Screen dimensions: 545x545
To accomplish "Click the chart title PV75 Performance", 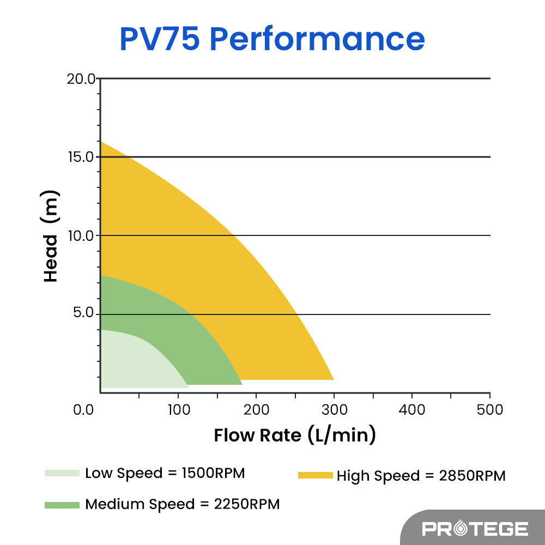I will (272, 39).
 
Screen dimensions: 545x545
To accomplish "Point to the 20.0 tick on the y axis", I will (81, 78).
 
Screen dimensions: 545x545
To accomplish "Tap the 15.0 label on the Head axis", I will (81, 157).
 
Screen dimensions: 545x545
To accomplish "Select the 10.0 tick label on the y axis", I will (81, 235).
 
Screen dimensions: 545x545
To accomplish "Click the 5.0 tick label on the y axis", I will (84, 314).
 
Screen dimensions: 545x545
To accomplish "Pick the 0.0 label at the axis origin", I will (84, 409).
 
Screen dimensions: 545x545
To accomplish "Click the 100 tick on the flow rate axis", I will (178, 409).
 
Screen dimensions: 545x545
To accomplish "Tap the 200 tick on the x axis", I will (256, 409).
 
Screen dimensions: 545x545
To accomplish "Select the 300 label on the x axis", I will (334, 409).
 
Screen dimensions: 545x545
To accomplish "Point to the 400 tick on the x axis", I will (412, 409).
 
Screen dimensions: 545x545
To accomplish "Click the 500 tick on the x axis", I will (490, 409).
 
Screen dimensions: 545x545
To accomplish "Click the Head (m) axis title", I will (51, 236).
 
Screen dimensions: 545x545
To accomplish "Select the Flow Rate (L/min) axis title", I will (295, 435).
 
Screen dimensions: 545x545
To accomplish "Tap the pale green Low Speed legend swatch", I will (62, 473).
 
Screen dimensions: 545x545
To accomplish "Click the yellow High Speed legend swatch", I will (315, 476).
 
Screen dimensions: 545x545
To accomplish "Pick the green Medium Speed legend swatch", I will (62, 505).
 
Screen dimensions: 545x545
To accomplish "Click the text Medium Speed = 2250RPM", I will (182, 504).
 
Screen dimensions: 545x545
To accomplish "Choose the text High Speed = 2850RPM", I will (421, 476).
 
